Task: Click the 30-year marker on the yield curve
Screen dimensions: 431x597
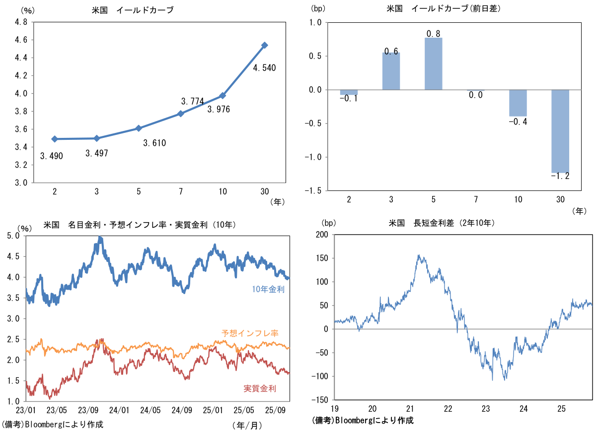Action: (x=265, y=45)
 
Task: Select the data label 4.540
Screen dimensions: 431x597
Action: (x=264, y=67)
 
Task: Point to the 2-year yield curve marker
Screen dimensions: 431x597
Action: (x=54, y=139)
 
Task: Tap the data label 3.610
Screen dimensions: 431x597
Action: (x=154, y=143)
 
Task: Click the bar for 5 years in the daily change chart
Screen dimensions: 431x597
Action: (x=433, y=63)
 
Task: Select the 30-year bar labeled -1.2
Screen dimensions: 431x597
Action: (x=561, y=131)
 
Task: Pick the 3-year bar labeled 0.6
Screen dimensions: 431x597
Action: (x=391, y=71)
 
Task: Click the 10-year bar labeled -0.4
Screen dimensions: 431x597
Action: (x=518, y=103)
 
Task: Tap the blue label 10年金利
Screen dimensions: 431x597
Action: (x=268, y=290)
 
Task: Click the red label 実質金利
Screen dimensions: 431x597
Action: (x=260, y=388)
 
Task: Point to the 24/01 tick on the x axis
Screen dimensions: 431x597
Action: (x=119, y=411)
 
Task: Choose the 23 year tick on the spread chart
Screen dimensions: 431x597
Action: (x=486, y=409)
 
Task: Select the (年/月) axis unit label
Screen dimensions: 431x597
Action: (x=247, y=425)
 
